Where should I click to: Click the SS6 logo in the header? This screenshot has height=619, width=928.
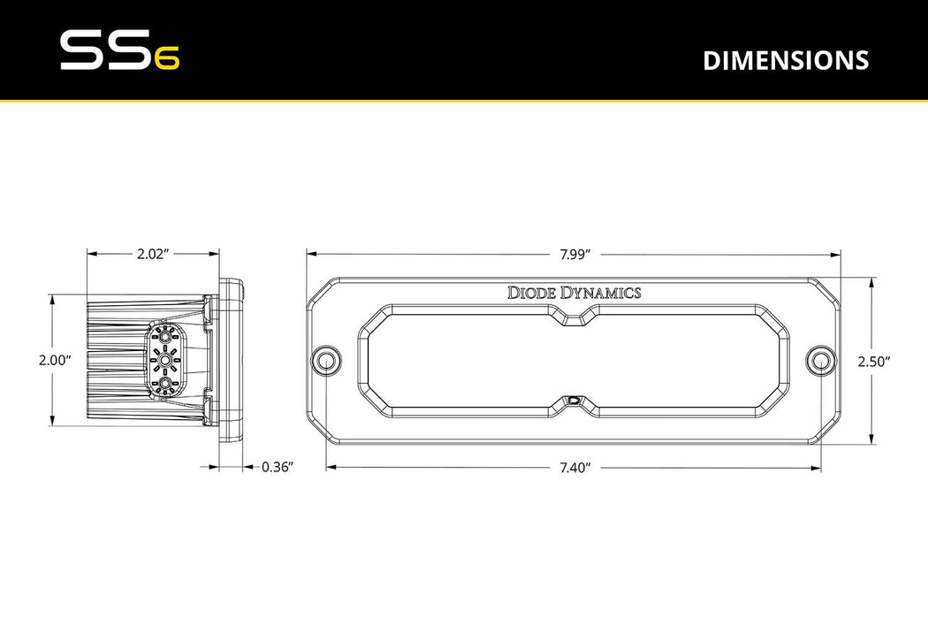click(119, 51)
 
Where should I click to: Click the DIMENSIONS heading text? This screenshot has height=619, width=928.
click(786, 60)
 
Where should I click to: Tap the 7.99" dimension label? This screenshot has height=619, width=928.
click(574, 253)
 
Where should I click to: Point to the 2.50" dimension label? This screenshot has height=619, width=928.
click(873, 361)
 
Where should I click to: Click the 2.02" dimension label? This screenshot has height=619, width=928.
click(152, 253)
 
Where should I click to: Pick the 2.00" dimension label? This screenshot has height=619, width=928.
click(55, 361)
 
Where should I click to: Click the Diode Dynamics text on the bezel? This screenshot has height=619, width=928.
click(574, 293)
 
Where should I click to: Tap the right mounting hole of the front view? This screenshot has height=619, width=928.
click(821, 360)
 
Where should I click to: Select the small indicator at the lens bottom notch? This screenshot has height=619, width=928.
click(574, 401)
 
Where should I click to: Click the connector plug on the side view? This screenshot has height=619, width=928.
click(164, 360)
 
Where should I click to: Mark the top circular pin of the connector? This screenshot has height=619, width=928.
click(164, 336)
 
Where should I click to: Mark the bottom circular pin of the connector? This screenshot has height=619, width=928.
click(164, 384)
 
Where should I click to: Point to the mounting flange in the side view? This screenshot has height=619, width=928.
click(232, 360)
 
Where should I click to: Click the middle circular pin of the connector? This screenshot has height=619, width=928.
click(164, 360)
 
